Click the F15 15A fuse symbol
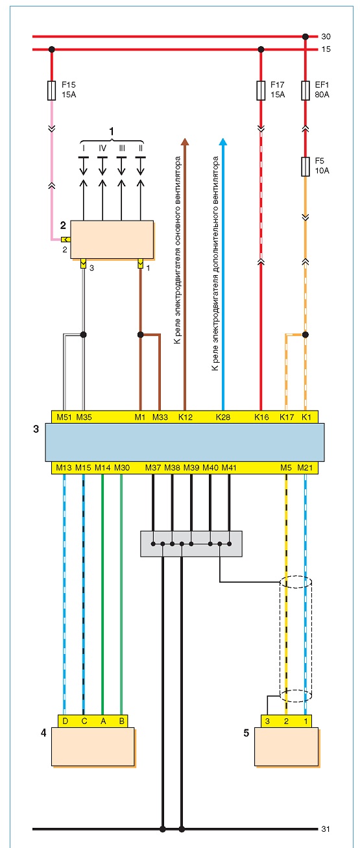(51, 90)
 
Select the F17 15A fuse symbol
(261, 90)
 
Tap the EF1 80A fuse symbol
(305, 90)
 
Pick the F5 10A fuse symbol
(305, 167)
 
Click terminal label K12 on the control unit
(186, 417)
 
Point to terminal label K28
(223, 417)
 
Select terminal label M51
(64, 417)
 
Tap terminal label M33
(160, 417)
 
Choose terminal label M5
(286, 468)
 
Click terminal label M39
(191, 468)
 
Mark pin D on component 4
(65, 721)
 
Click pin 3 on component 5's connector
(267, 721)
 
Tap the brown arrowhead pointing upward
(185, 141)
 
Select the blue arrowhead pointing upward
(223, 141)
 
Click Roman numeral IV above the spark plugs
(102, 148)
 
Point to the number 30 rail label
(326, 37)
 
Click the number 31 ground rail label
(326, 829)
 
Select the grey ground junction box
(191, 544)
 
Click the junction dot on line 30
(305, 37)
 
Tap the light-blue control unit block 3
(185, 442)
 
